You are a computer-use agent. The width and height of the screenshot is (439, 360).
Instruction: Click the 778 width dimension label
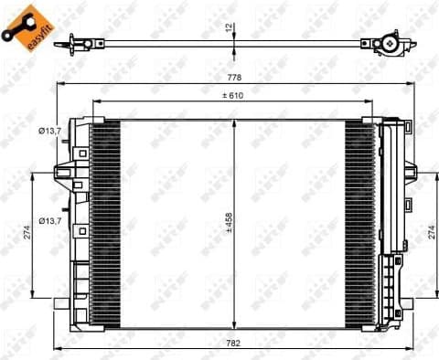[x=234, y=78]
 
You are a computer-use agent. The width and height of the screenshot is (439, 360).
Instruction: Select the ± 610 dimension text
[x=233, y=96]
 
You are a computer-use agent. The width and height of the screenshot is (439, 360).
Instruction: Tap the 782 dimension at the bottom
[x=233, y=344]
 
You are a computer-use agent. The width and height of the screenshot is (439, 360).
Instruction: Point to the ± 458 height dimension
[x=229, y=223]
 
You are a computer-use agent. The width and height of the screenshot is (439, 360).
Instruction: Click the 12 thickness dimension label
[x=230, y=27]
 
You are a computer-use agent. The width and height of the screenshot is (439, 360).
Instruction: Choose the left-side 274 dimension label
[x=27, y=232]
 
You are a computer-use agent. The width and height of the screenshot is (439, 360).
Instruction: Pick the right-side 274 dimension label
[x=432, y=232]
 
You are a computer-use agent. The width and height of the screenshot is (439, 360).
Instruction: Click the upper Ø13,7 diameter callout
[x=50, y=132]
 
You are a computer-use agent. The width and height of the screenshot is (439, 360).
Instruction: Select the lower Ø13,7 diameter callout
[x=50, y=221]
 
